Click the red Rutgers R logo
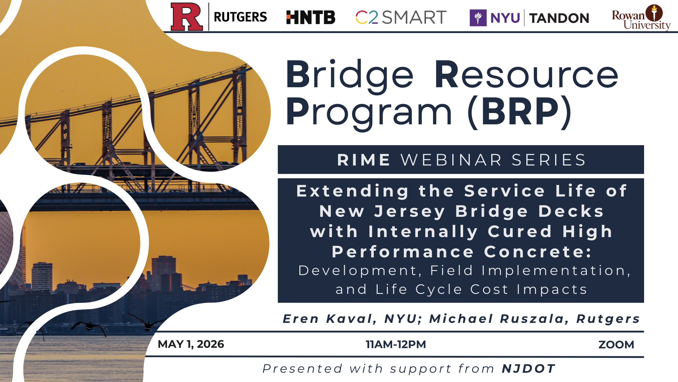186,17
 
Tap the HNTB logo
311,17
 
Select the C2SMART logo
401,17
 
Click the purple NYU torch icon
478,18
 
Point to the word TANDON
559,18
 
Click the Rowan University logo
641,17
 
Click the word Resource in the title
527,74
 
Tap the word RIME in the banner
364,160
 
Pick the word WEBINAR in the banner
451,160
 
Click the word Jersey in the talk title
409,211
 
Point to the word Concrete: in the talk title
537,252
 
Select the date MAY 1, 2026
191,344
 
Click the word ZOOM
616,345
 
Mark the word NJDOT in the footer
529,369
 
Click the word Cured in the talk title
520,231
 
